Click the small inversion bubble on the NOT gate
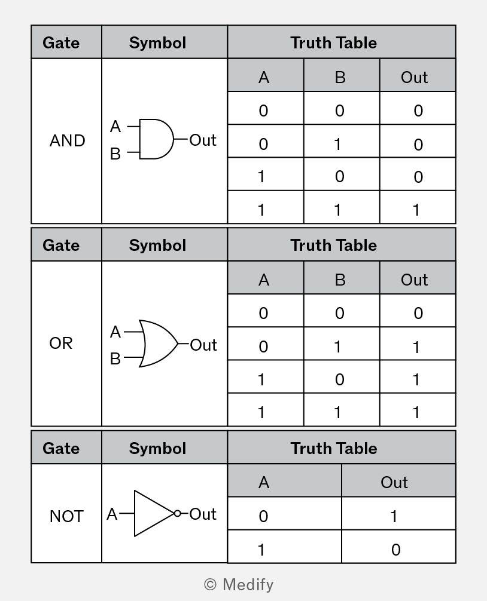click(x=177, y=513)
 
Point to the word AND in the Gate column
click(x=67, y=140)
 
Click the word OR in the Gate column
click(x=60, y=343)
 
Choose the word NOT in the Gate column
click(x=66, y=516)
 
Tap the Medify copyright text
click(x=239, y=584)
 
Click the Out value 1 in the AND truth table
click(x=416, y=210)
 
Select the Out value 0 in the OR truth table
click(x=418, y=313)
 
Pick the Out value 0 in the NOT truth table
click(x=395, y=550)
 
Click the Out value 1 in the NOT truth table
click(x=394, y=516)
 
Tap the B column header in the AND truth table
click(x=340, y=78)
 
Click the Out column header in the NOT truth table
click(x=394, y=482)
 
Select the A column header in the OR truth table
click(x=264, y=280)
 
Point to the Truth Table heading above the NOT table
click(x=334, y=448)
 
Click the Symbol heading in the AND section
click(x=157, y=42)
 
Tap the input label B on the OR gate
click(x=115, y=359)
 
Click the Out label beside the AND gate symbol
click(x=203, y=140)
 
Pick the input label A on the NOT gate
click(x=112, y=514)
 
